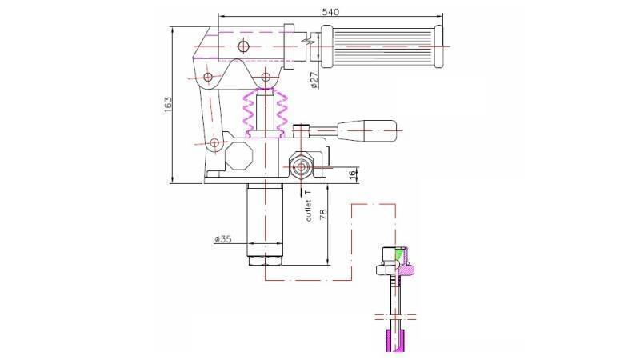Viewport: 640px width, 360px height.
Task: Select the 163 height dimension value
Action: pyautogui.click(x=168, y=104)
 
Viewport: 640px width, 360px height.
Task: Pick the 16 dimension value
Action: pyautogui.click(x=352, y=175)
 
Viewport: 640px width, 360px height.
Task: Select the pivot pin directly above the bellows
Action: pyautogui.click(x=264, y=78)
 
